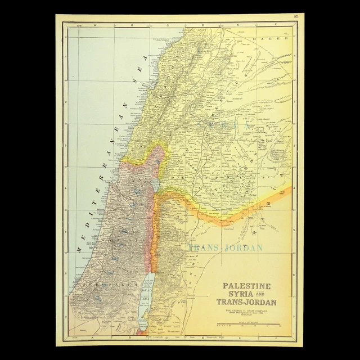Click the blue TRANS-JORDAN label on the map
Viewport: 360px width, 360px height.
218,247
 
